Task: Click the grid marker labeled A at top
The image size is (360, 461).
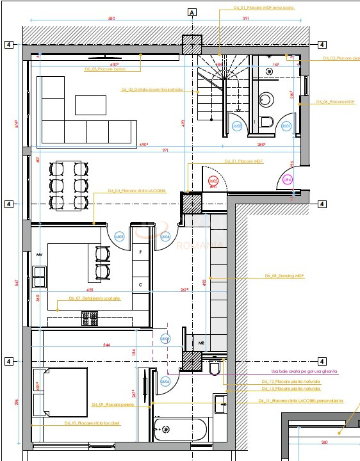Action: click(x=191, y=12)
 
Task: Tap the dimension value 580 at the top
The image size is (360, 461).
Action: click(x=111, y=19)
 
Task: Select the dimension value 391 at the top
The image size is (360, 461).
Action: click(x=246, y=19)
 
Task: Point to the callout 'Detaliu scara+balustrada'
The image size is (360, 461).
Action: click(x=152, y=90)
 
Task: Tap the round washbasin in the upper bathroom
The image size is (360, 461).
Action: click(x=266, y=99)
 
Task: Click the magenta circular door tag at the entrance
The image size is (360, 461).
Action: click(x=288, y=180)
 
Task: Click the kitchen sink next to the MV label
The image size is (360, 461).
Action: click(x=40, y=277)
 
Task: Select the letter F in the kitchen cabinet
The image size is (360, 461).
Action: click(x=140, y=253)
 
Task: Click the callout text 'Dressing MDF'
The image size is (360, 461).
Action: click(x=284, y=276)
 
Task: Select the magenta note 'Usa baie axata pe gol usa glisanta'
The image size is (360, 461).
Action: click(x=304, y=371)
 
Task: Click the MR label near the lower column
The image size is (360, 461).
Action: click(x=200, y=343)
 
